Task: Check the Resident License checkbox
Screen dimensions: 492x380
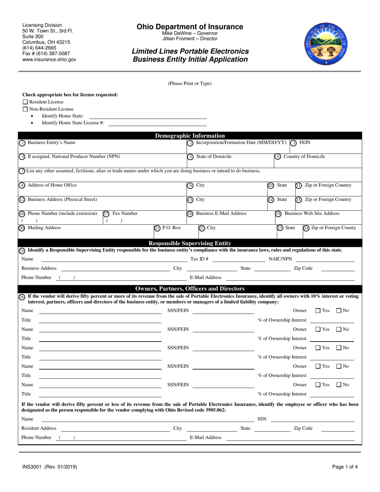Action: pos(25,102)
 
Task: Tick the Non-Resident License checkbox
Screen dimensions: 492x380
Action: pos(25,109)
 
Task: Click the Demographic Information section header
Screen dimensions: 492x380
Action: pos(190,136)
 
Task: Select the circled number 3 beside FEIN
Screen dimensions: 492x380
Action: pos(294,143)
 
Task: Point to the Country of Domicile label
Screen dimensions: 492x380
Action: pos(304,157)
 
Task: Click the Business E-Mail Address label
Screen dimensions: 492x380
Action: pos(221,214)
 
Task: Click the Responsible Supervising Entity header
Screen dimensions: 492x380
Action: pos(190,243)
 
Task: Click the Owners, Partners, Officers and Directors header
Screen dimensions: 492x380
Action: pos(190,288)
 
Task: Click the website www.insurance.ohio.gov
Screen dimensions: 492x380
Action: pos(49,59)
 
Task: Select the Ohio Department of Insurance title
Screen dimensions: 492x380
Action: pos(190,27)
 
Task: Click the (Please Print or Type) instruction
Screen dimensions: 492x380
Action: pos(190,84)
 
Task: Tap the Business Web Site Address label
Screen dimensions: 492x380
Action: pos(312,214)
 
